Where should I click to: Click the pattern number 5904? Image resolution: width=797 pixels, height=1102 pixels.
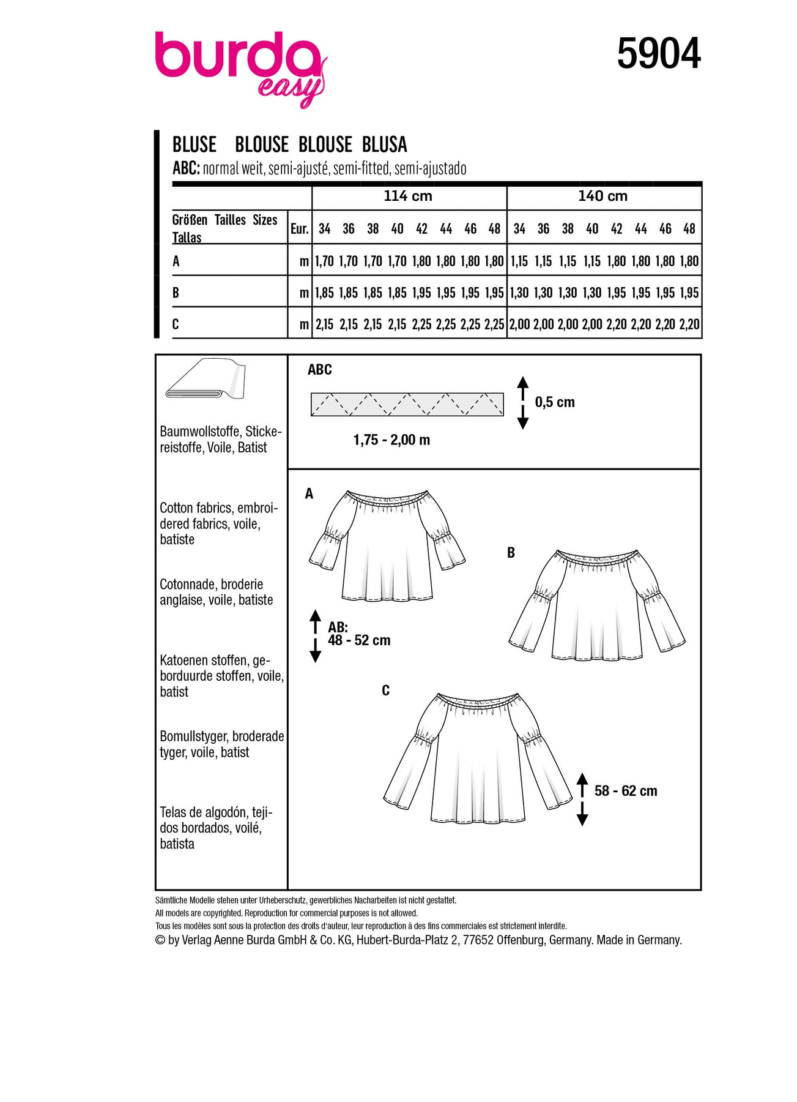click(658, 54)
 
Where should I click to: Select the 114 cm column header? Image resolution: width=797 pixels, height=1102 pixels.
click(408, 196)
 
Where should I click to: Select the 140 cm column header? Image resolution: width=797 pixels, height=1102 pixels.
click(602, 196)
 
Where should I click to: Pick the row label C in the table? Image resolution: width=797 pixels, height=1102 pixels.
click(176, 324)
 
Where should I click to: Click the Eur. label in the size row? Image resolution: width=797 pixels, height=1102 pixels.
click(299, 229)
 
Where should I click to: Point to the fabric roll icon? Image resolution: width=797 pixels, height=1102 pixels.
click(206, 380)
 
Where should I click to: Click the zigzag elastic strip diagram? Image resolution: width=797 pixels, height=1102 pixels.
click(407, 405)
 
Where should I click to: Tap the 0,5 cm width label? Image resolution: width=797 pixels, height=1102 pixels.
click(555, 402)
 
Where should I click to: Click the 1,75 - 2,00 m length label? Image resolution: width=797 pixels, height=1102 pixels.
click(391, 440)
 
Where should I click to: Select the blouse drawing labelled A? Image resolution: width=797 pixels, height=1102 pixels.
click(387, 545)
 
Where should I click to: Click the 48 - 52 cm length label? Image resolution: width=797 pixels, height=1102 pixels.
click(359, 640)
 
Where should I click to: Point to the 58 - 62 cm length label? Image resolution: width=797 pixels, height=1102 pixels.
click(626, 791)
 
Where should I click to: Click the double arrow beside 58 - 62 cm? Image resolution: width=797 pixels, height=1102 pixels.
click(582, 799)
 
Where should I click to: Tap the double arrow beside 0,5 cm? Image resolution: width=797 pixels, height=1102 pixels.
click(523, 402)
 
